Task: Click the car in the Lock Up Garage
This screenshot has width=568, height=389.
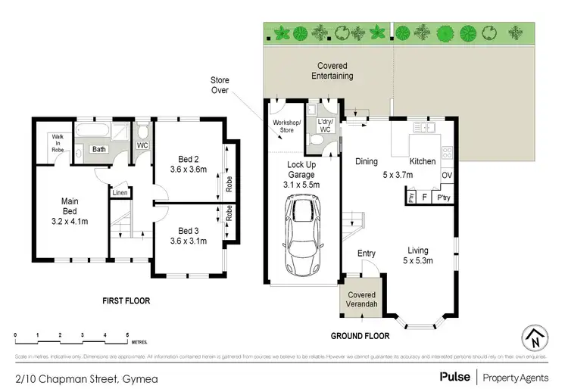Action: (301, 235)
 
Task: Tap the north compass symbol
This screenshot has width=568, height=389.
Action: (535, 338)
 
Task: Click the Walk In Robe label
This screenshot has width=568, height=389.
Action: (57, 144)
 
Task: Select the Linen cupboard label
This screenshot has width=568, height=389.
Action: (120, 193)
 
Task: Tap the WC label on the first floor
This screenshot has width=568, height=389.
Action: (142, 145)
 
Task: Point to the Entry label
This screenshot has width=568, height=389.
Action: (367, 254)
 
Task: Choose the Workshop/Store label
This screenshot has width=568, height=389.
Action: (286, 126)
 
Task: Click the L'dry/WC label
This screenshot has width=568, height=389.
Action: (324, 126)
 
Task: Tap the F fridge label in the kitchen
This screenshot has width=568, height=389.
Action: (423, 198)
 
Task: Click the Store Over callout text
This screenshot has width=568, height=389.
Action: (220, 86)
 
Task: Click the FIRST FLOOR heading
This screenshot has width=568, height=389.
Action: (126, 300)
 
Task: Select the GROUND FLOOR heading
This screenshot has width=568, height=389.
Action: (360, 335)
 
